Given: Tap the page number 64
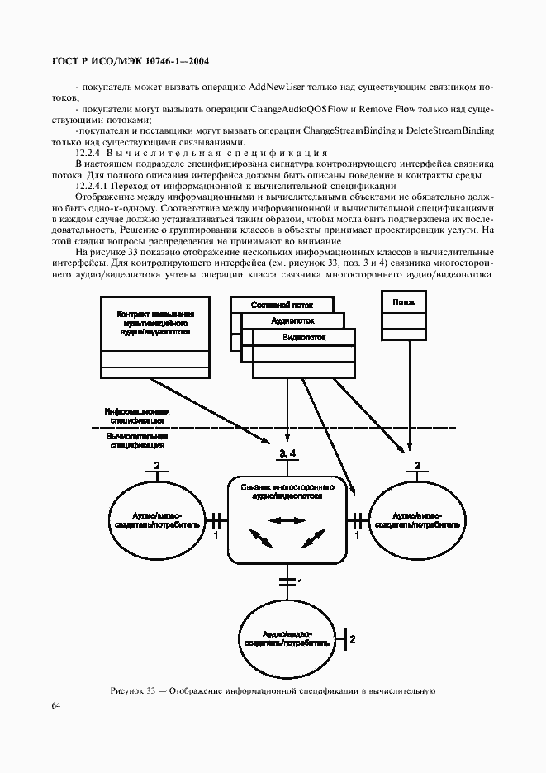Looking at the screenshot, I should pos(56,705).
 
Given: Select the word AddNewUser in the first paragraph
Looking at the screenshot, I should pos(264,85).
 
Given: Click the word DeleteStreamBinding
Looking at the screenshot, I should pos(449,130).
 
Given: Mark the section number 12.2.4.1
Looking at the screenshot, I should pos(94,187).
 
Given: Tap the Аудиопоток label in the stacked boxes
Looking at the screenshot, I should pos(291,320).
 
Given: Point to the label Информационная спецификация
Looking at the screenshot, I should pos(137,415).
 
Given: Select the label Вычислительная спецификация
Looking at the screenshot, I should pos(137,439).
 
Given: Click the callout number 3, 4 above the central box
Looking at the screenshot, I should pos(287,454).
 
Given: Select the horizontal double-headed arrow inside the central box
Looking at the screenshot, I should pos(286,520).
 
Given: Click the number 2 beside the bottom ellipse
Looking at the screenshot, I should pos(353,639).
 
